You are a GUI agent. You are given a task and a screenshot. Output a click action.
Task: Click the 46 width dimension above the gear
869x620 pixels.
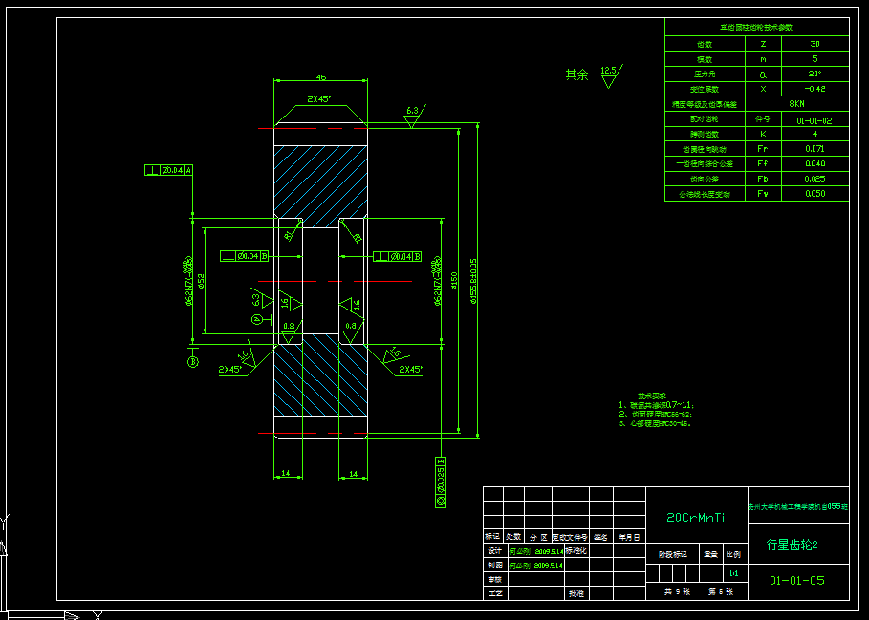(x=320, y=76)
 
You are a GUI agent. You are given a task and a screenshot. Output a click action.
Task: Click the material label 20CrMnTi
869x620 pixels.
(x=695, y=517)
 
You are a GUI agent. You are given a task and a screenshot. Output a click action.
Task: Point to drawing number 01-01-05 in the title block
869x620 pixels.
(x=797, y=580)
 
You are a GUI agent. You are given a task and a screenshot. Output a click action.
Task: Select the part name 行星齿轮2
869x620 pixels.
(x=793, y=545)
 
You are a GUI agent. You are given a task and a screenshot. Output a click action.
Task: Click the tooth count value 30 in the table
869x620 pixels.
(x=814, y=44)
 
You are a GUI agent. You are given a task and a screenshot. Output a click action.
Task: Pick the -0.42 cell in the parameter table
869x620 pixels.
(x=814, y=88)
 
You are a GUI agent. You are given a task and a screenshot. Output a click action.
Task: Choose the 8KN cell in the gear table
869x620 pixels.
(x=796, y=103)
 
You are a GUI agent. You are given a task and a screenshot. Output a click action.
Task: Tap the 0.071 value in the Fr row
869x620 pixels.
(x=814, y=149)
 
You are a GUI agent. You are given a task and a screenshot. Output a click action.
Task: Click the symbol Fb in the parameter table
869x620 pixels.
(x=762, y=179)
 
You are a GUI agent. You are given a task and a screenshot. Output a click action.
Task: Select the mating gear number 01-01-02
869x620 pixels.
(x=814, y=120)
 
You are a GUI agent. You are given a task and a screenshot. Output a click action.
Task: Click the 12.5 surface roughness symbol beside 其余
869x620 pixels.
(x=609, y=75)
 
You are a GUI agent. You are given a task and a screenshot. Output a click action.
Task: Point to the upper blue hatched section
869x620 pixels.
(x=320, y=182)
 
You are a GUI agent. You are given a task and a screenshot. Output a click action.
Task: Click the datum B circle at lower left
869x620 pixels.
(x=192, y=362)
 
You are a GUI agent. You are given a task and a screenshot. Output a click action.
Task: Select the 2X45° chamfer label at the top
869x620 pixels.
(x=319, y=99)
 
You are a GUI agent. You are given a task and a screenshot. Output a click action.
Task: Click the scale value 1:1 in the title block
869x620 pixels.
(x=733, y=573)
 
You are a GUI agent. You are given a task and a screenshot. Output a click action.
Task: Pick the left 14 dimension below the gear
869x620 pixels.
(x=286, y=473)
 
